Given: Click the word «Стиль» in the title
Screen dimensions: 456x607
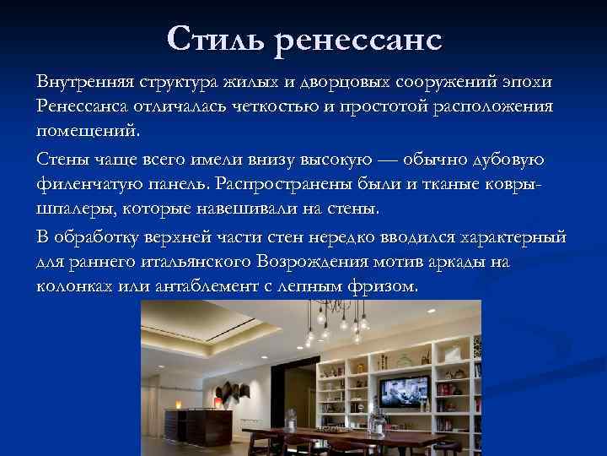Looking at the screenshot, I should click(216, 38).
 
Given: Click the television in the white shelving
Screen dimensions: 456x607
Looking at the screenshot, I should click(401, 392).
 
